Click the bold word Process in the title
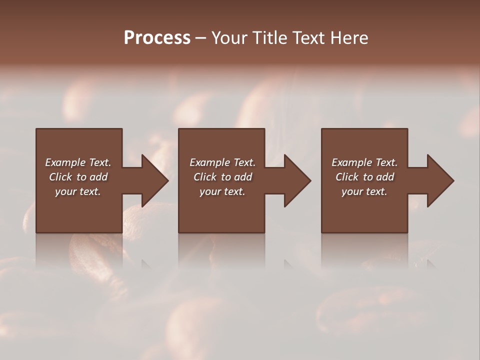(157, 38)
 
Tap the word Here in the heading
(349, 38)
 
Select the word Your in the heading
(230, 38)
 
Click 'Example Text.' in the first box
(78, 162)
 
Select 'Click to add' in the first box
(78, 177)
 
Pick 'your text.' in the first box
(78, 191)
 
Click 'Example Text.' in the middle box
(222, 162)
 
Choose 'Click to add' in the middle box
(222, 177)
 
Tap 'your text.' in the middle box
(222, 191)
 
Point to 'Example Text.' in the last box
(364, 162)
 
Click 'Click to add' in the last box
(364, 177)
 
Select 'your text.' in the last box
(364, 191)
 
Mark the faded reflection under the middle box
(221, 250)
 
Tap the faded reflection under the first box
(79, 250)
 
